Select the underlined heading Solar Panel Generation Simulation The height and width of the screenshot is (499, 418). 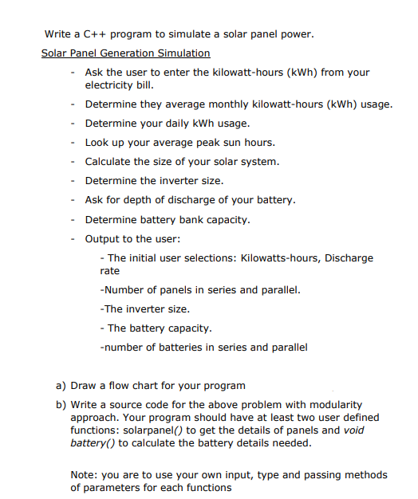pyautogui.click(x=125, y=53)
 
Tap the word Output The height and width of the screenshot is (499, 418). pyautogui.click(x=103, y=238)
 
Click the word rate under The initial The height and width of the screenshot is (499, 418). pyautogui.click(x=109, y=271)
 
